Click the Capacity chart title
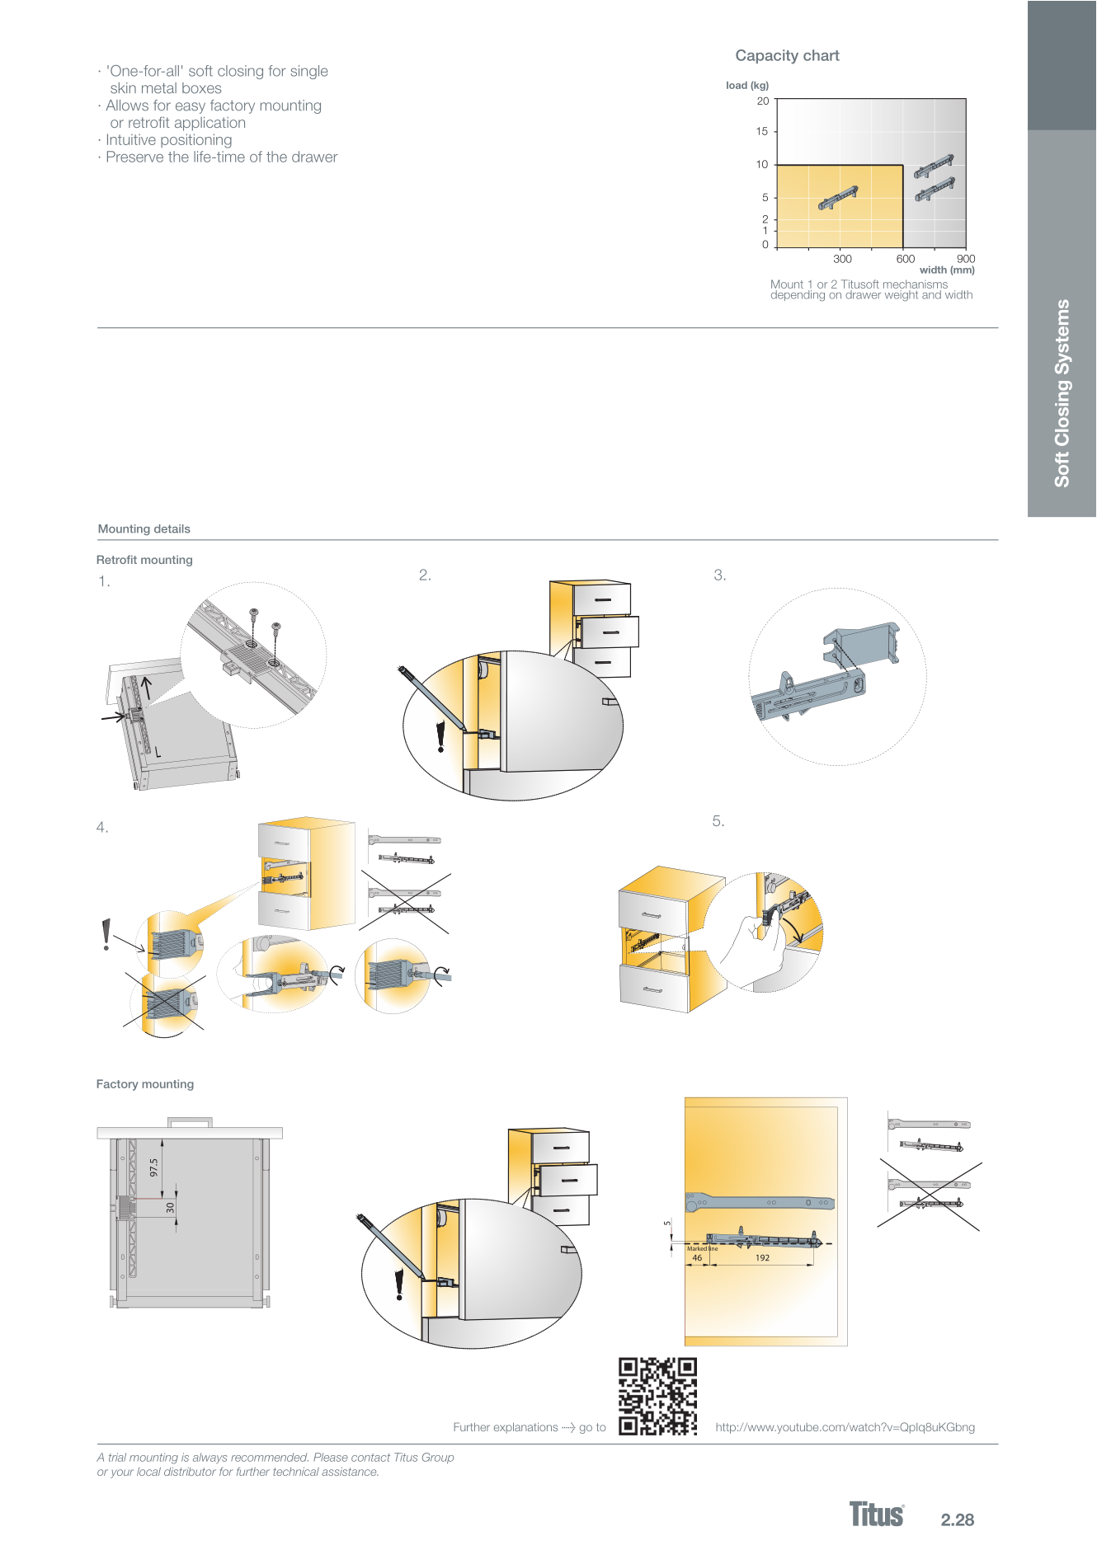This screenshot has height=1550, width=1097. point(787,56)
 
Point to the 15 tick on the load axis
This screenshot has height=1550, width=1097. point(762,131)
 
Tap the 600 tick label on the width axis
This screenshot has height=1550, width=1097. point(906,259)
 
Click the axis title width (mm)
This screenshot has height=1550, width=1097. point(947,270)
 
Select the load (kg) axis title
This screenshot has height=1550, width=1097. point(747,86)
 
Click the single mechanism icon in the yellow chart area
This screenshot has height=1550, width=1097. point(838,198)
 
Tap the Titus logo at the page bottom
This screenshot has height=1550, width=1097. point(877,1515)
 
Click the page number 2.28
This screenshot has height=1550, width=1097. point(958,1519)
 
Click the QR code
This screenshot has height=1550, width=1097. point(657,1396)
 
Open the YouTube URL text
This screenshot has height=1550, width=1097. point(845,1427)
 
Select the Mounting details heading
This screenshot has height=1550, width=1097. point(144,529)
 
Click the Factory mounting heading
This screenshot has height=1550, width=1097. point(145,1084)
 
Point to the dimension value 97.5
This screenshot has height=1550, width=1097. point(153,1167)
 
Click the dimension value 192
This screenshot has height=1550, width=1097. point(762,1258)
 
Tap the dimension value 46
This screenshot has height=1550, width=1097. point(697,1258)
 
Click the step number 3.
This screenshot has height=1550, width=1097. point(719,575)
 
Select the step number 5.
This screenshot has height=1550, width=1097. point(718,821)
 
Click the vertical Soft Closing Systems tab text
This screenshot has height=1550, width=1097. point(1062,393)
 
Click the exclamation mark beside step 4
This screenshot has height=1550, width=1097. point(106,935)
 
